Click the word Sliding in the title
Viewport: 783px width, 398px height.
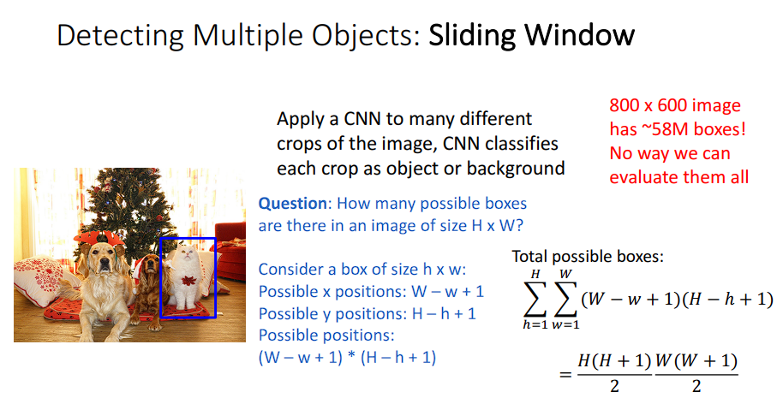pos(472,37)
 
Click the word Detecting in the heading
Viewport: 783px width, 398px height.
pos(120,37)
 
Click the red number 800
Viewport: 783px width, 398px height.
pos(625,105)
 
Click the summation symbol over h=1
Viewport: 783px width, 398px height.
pos(535,300)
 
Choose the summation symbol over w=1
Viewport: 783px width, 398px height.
pos(565,300)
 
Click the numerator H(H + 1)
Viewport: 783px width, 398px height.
pos(615,361)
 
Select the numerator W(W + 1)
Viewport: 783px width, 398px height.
pos(696,361)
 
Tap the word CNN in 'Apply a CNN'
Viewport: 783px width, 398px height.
pos(362,119)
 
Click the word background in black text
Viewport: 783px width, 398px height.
pos(516,169)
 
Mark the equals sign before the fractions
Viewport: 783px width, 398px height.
pos(565,373)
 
